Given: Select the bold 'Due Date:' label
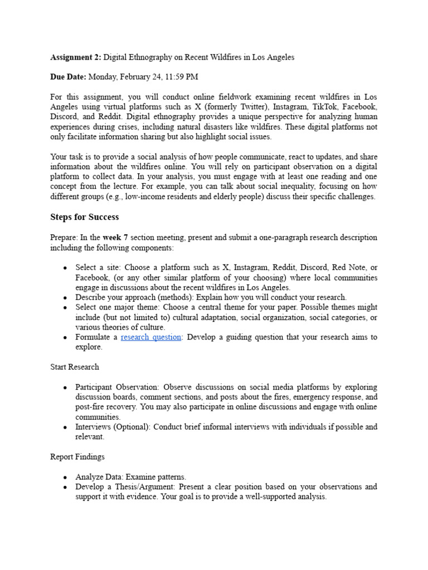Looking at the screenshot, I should (x=69, y=76).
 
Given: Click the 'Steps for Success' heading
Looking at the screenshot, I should (x=84, y=217).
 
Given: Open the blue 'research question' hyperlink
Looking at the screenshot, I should (x=151, y=337).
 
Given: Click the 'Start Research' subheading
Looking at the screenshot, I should (x=75, y=366).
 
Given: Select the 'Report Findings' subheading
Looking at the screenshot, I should (x=77, y=456).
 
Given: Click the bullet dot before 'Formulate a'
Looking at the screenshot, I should (x=66, y=337).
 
